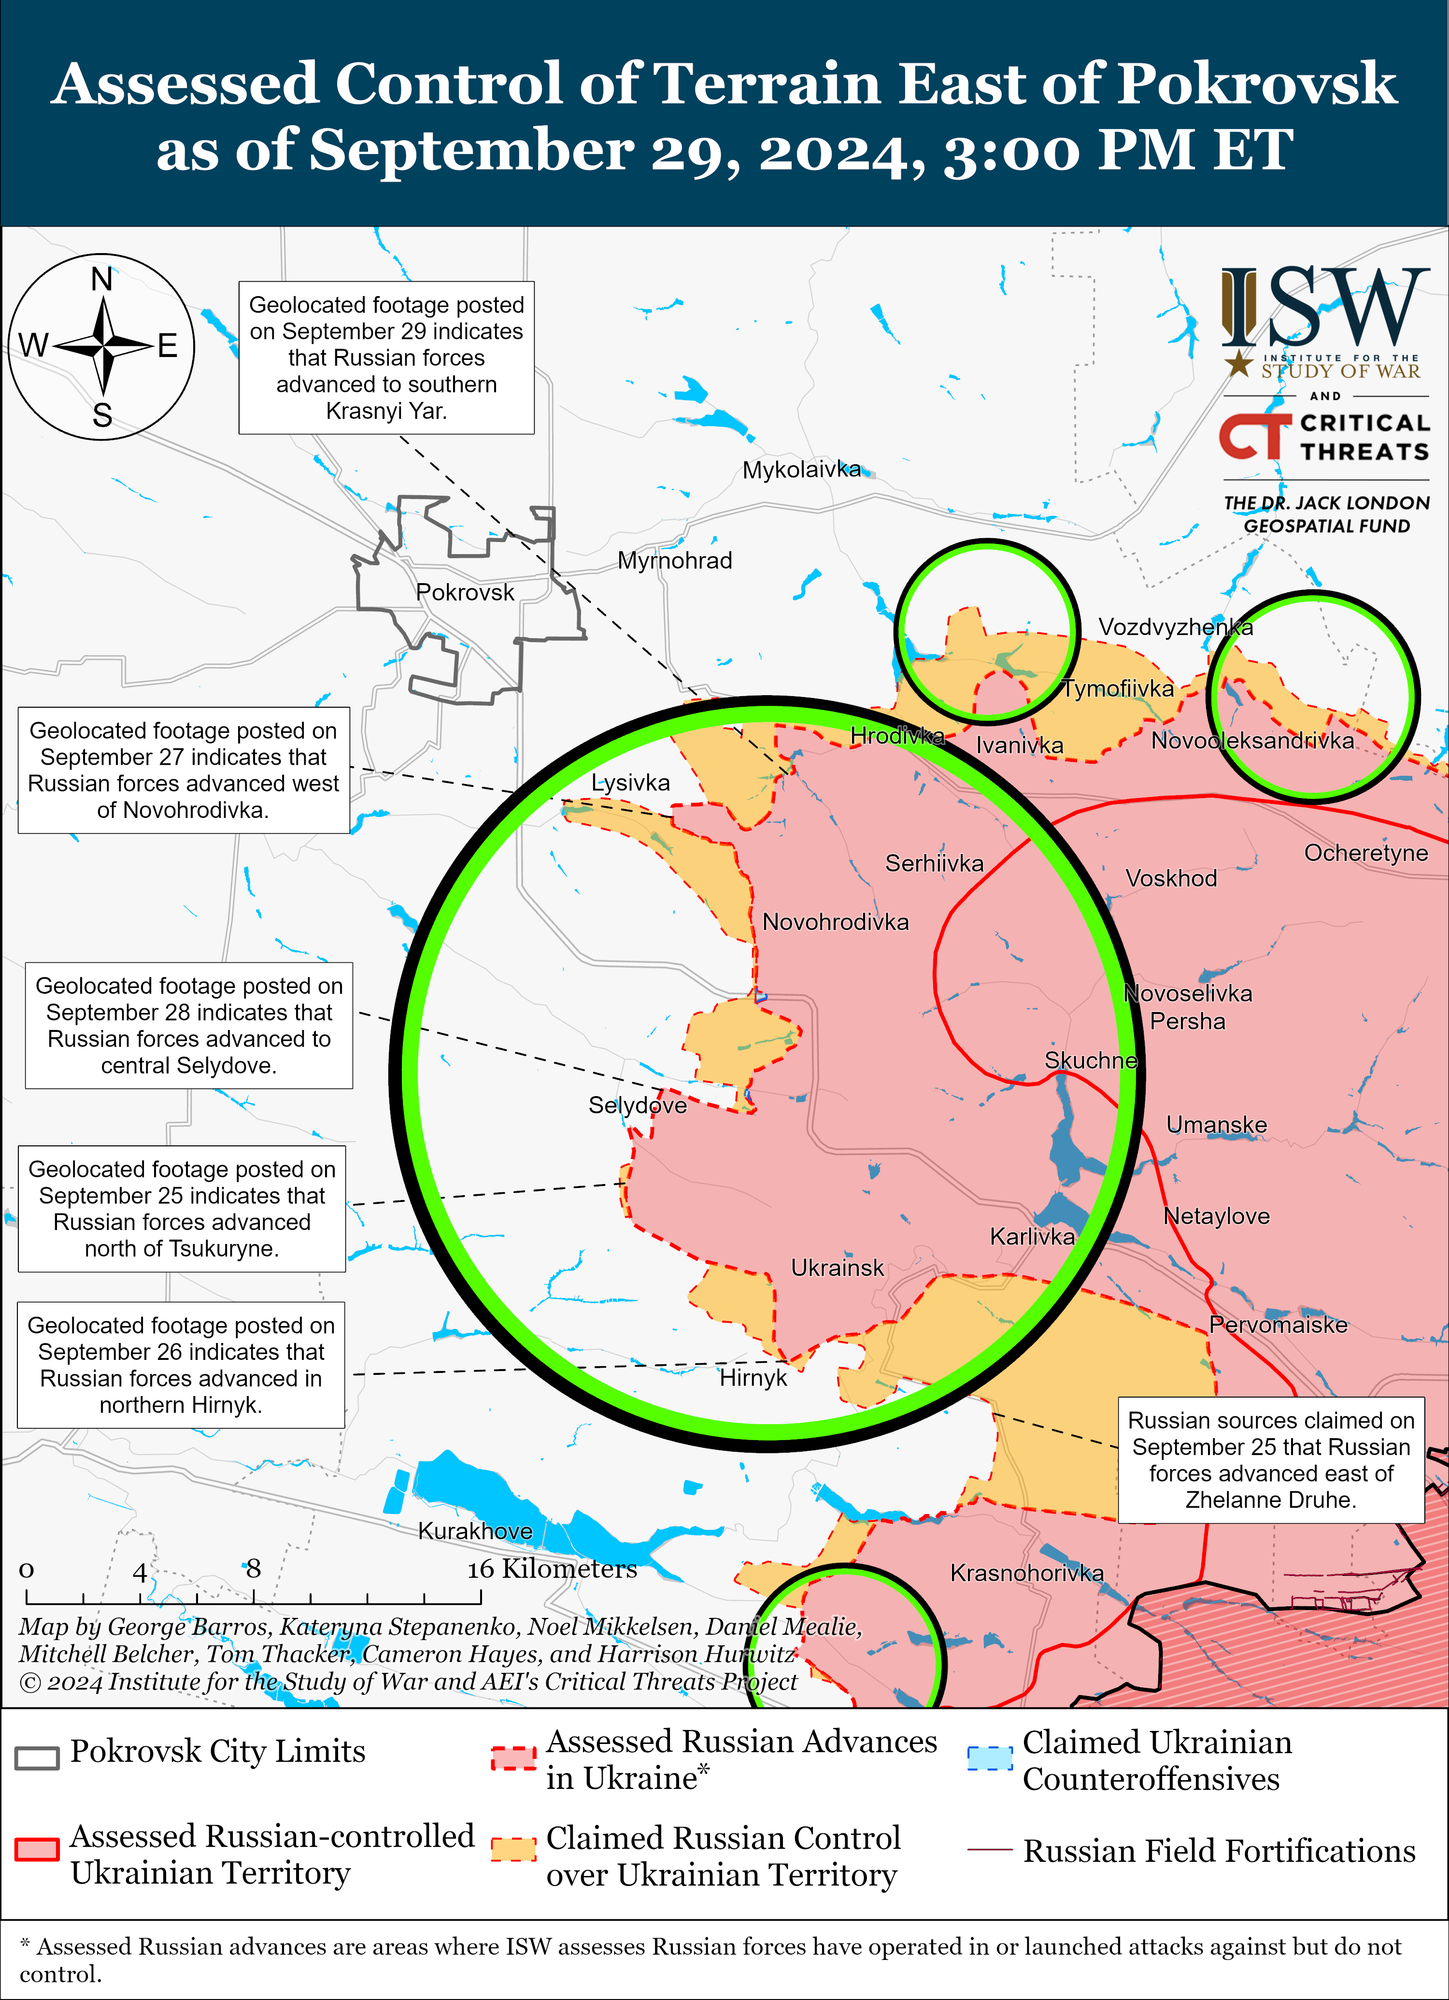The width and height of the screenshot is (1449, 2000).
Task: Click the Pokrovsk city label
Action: click(465, 593)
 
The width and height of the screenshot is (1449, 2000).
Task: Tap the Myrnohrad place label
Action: click(675, 561)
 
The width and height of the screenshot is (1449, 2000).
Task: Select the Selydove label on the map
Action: click(638, 1106)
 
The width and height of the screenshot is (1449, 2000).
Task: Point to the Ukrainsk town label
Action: click(837, 1268)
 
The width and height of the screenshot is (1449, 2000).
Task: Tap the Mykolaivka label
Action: click(801, 470)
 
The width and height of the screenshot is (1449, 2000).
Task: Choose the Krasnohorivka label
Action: click(1026, 1573)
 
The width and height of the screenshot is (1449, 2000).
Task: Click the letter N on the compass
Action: click(102, 280)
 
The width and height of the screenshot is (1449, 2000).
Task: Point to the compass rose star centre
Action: click(103, 346)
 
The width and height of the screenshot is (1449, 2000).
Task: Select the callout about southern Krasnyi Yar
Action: click(386, 358)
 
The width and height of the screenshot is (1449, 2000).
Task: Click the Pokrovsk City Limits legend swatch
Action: click(37, 1757)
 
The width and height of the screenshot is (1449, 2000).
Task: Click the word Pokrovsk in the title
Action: click(1257, 84)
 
